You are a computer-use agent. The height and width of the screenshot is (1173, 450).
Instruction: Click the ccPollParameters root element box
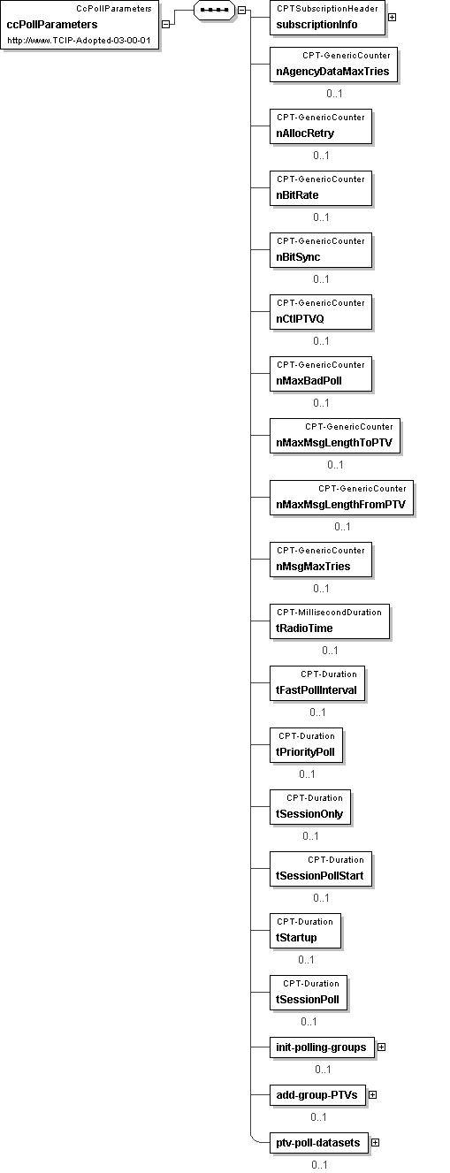pyautogui.click(x=80, y=25)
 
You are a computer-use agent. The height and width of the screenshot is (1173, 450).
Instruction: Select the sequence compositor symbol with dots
pyautogui.click(x=214, y=10)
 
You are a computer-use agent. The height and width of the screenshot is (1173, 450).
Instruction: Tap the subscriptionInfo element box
pyautogui.click(x=327, y=18)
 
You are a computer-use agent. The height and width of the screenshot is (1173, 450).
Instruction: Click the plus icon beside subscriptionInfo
pyautogui.click(x=392, y=18)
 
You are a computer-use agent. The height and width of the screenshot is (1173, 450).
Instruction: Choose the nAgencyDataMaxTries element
pyautogui.click(x=333, y=65)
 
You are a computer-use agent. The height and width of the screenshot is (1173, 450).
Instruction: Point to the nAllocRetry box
pyautogui.click(x=321, y=126)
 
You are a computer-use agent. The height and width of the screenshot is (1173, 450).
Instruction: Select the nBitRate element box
pyautogui.click(x=321, y=188)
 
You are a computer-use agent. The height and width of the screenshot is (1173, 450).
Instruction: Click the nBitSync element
pyautogui.click(x=321, y=250)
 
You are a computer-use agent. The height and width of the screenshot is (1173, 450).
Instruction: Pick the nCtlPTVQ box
pyautogui.click(x=321, y=312)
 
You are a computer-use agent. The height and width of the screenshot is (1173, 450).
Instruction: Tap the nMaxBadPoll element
pyautogui.click(x=321, y=374)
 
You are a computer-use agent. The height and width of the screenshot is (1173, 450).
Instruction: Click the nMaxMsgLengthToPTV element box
pyautogui.click(x=335, y=436)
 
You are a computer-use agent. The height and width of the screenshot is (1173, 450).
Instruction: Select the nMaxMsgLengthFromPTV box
pyautogui.click(x=341, y=498)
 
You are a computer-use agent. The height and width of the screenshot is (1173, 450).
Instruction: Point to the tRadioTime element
pyautogui.click(x=330, y=621)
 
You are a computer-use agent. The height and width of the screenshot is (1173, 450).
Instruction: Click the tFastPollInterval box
pyautogui.click(x=317, y=683)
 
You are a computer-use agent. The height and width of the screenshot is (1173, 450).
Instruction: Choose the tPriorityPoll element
pyautogui.click(x=306, y=744)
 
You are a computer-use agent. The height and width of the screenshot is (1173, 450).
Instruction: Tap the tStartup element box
pyautogui.click(x=305, y=930)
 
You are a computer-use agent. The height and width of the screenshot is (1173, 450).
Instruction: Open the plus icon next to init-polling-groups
pyautogui.click(x=381, y=1047)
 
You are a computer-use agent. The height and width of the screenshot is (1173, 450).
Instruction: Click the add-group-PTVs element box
pyautogui.click(x=317, y=1094)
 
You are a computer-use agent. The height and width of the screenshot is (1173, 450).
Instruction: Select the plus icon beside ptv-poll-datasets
pyautogui.click(x=375, y=1142)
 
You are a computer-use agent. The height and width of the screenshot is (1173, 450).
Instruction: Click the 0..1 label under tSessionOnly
pyautogui.click(x=310, y=835)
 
